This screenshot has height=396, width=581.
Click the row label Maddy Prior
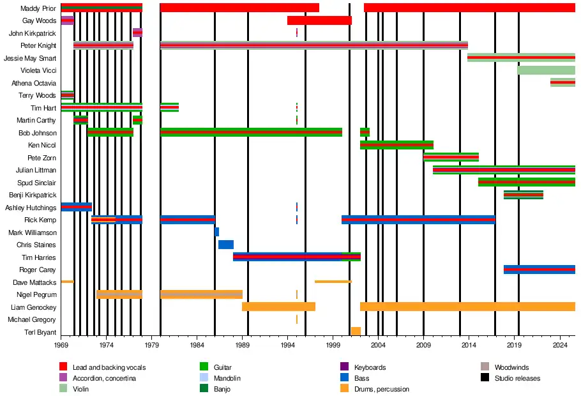pos(38,8)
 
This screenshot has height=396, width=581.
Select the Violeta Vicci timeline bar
pos(546,70)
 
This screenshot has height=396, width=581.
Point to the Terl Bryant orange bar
pos(356,331)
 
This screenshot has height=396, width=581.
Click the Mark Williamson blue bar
pos(216,232)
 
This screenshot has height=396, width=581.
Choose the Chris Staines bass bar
pos(226,245)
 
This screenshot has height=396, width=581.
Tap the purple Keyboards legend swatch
pos(345,367)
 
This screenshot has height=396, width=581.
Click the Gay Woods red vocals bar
pos(319,20)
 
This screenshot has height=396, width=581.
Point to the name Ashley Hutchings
pos(31,208)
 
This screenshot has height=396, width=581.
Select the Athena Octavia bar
pos(562,82)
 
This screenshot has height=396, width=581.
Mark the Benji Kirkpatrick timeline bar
pos(524,195)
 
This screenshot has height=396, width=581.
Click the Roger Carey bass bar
pos(539,270)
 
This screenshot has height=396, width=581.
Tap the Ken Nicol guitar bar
pos(396,145)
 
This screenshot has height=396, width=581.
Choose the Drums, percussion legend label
pos(382,389)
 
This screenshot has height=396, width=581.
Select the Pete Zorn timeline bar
pos(451,157)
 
